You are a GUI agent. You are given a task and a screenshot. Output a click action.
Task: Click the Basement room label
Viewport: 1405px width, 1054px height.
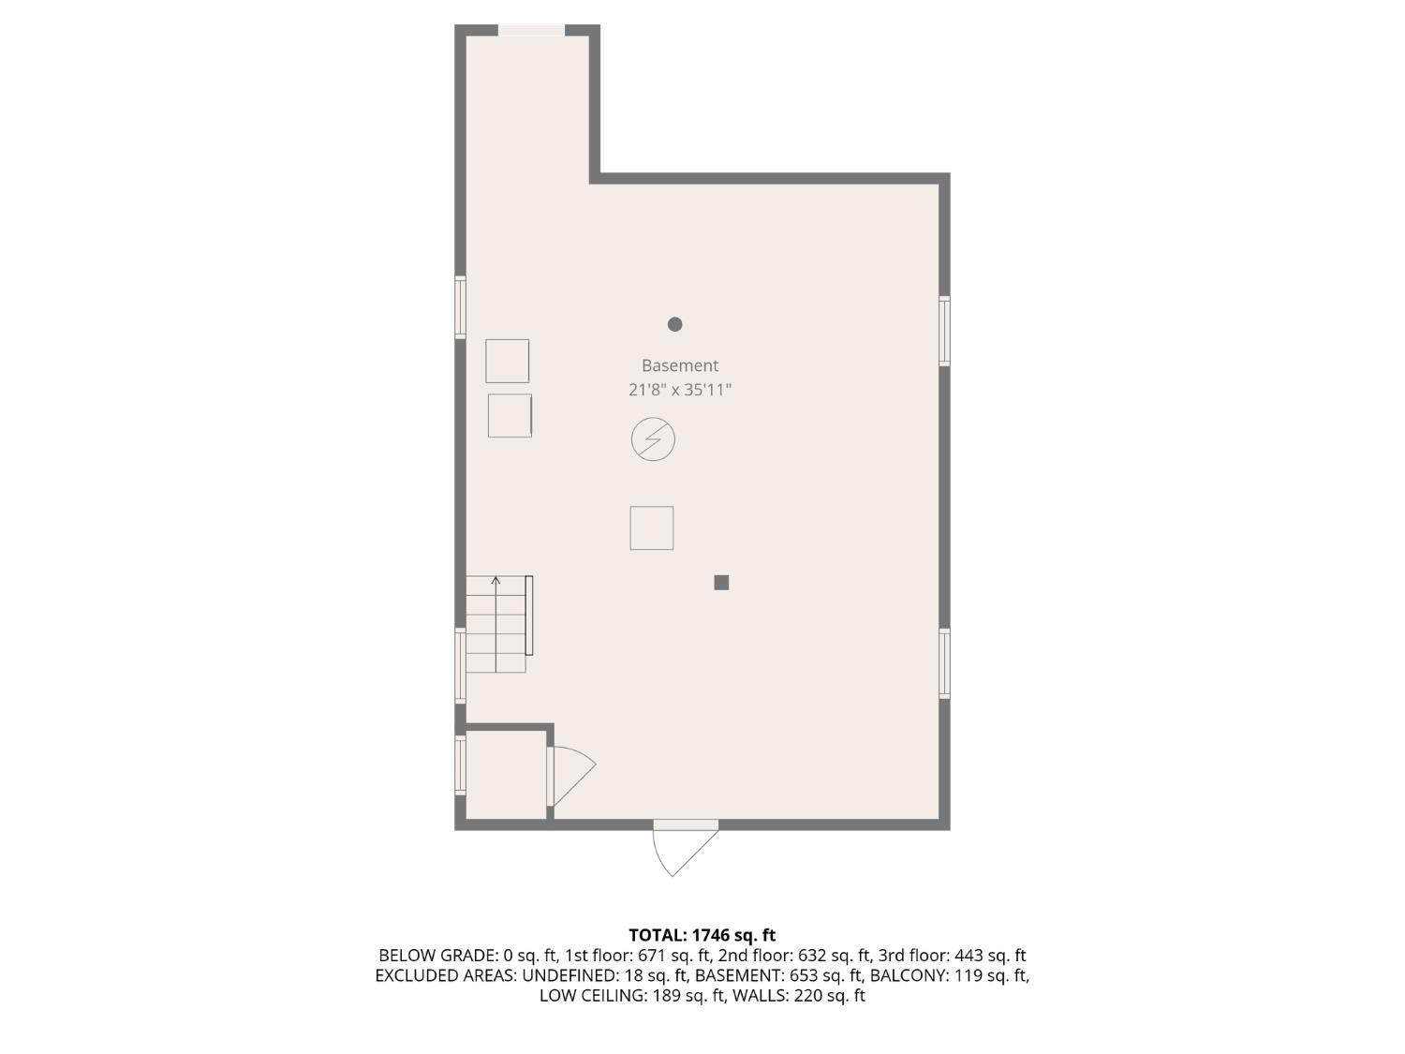click(x=680, y=365)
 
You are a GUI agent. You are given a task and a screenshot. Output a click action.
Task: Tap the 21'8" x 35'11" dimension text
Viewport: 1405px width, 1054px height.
click(x=680, y=390)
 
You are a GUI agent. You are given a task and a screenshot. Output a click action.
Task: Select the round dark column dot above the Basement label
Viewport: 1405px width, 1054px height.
click(x=674, y=324)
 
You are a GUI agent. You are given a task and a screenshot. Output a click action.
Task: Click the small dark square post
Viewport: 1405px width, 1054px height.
click(x=721, y=583)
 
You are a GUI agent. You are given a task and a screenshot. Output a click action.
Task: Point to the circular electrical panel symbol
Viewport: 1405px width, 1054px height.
click(x=653, y=439)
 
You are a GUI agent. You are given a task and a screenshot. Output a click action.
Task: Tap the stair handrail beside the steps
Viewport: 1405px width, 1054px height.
click(x=529, y=615)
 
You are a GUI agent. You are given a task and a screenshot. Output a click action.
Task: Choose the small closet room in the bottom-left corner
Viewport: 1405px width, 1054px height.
click(x=506, y=775)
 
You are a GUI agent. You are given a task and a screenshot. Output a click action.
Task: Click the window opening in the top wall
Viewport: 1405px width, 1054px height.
click(x=531, y=30)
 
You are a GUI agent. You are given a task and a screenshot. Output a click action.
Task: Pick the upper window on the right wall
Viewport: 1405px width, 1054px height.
click(x=944, y=331)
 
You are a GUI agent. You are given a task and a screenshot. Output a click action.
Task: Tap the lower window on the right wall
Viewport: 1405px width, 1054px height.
click(x=944, y=663)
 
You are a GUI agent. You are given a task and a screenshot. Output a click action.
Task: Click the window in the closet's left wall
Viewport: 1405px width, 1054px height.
click(x=460, y=765)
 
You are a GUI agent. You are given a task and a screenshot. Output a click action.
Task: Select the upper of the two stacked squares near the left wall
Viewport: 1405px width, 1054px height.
click(x=507, y=361)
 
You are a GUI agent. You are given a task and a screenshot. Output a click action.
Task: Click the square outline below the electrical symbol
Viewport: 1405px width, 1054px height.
click(x=652, y=528)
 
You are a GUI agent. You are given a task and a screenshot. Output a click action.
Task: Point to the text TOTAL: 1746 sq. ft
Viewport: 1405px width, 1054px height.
click(x=702, y=935)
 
